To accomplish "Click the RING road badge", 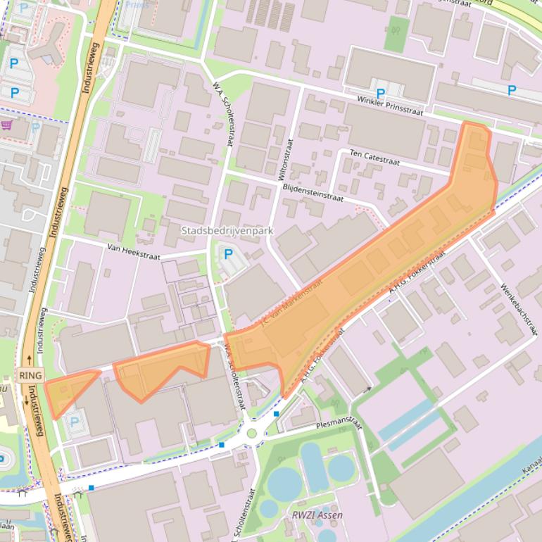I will click(30, 375).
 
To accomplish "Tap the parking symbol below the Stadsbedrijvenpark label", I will click(228, 254).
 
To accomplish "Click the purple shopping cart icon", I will click(7, 125).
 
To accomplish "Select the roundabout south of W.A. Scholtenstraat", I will click(251, 433).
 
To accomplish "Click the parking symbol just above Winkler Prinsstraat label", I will click(381, 93).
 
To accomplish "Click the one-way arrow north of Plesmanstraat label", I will click(367, 389).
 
